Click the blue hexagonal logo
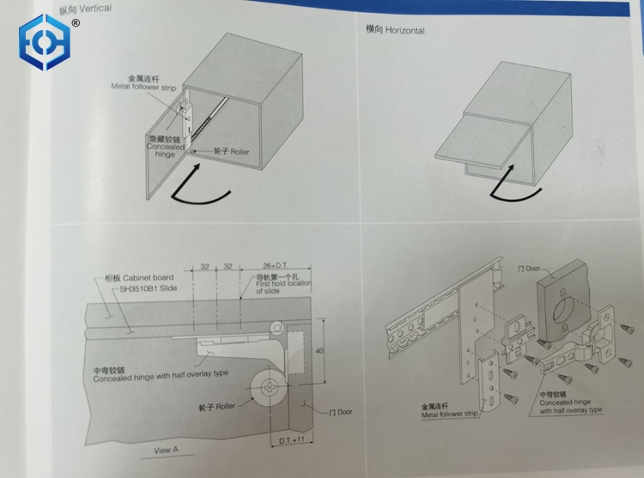pyautogui.click(x=45, y=42)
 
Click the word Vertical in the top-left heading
pyautogui.click(x=95, y=9)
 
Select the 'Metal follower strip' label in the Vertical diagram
pyautogui.click(x=143, y=87)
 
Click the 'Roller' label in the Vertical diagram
pyautogui.click(x=240, y=151)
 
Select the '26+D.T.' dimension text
pyautogui.click(x=275, y=265)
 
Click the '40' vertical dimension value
pyautogui.click(x=319, y=351)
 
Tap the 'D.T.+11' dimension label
pyautogui.click(x=292, y=440)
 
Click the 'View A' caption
pyautogui.click(x=166, y=450)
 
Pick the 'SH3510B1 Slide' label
pyautogui.click(x=149, y=288)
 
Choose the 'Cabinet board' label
pyautogui.click(x=148, y=277)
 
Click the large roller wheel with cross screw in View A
pyautogui.click(x=269, y=387)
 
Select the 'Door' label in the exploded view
pyautogui.click(x=532, y=269)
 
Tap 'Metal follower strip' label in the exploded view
pyautogui.click(x=449, y=414)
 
